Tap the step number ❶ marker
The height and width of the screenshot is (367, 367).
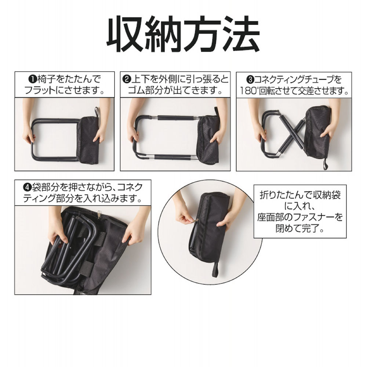(32, 79)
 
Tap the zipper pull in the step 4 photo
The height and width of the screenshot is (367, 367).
(99, 212)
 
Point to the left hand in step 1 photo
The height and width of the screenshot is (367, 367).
(29, 136)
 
